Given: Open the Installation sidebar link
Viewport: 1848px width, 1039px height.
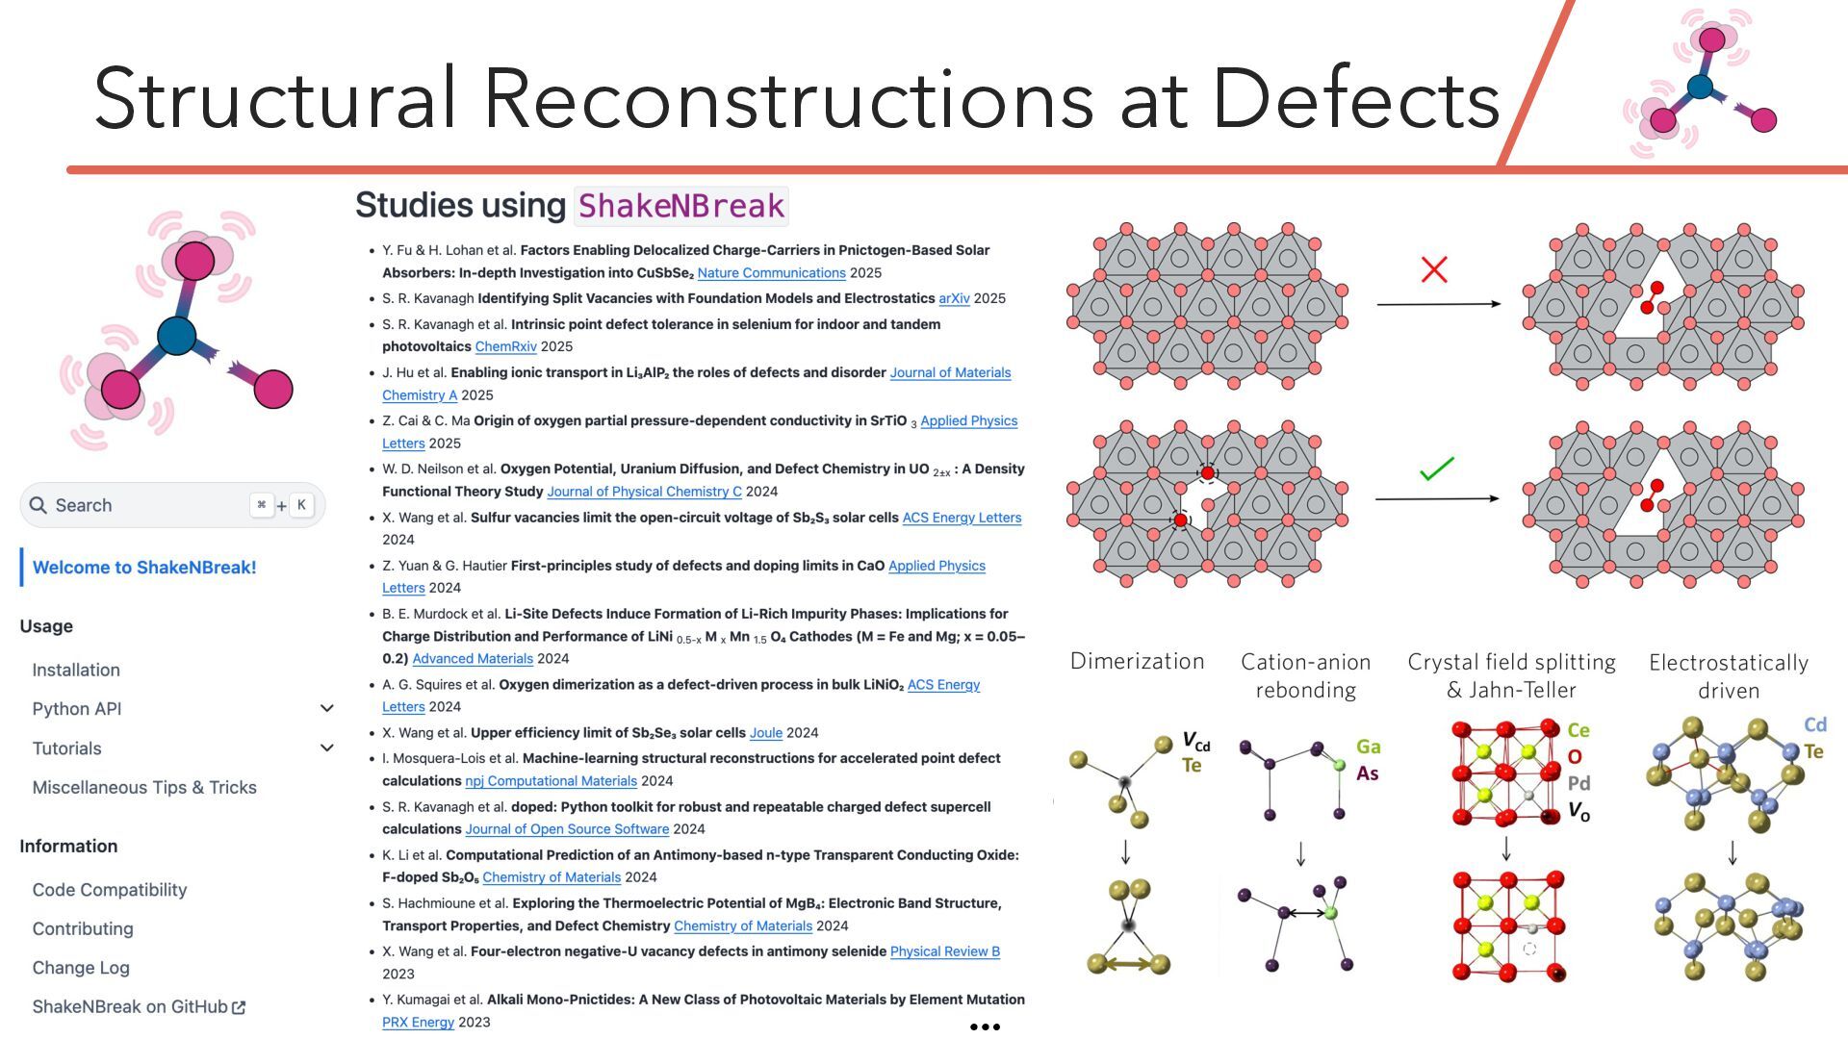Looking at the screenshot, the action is (x=76, y=670).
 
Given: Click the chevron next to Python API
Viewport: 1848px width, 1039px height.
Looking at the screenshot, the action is (x=327, y=709).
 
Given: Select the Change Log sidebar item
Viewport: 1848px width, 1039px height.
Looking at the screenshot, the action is (x=81, y=968).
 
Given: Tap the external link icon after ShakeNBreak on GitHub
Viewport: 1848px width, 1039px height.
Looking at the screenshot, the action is (x=239, y=1007).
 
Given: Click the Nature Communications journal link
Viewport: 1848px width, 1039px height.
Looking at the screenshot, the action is (x=771, y=273).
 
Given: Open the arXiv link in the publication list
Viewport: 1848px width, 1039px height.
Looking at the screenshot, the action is (x=954, y=298).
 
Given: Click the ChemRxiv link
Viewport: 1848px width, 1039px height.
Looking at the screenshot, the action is (x=505, y=346).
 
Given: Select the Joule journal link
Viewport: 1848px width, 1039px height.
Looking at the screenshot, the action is (x=765, y=733).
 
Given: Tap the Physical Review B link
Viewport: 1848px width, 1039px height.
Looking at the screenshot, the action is (x=944, y=951).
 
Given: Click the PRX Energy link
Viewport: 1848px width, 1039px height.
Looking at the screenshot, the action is (x=418, y=1022).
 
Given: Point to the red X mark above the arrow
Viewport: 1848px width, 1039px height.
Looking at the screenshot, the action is (x=1434, y=269).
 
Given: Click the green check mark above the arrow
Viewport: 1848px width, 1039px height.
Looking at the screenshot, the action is (x=1436, y=469).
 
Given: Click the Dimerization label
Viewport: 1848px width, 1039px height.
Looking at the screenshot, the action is (x=1137, y=661).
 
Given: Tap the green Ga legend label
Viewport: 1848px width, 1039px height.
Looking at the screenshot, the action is (x=1368, y=747).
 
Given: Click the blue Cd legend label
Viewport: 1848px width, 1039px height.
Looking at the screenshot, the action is (x=1814, y=724).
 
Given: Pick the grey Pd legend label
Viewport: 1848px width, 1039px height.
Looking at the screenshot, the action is (x=1578, y=783).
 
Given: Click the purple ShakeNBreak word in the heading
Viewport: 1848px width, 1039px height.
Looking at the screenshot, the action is (x=681, y=205).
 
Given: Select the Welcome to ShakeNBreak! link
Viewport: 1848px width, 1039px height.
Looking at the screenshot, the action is (x=144, y=568).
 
